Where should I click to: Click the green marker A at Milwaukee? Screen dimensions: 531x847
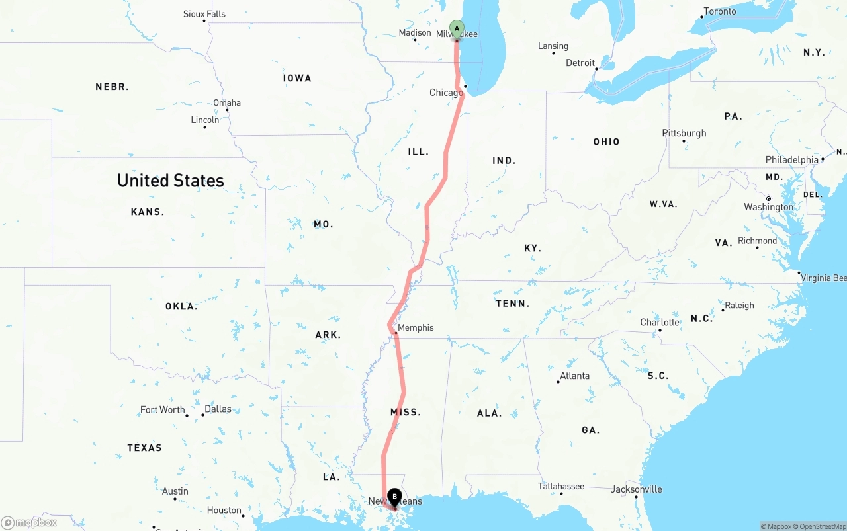457,29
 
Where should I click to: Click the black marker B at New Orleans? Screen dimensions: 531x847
394,497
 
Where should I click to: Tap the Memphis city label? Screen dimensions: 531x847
416,328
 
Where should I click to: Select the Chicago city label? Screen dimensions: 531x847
446,93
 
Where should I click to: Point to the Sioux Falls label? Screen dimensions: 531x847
204,14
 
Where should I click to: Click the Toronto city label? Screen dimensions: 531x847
719,11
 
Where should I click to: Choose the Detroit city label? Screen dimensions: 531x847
580,63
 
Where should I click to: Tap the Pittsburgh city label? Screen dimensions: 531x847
684,133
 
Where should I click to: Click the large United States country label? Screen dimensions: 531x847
170,181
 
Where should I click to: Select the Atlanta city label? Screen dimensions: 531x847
574,376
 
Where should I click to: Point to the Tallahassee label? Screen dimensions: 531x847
561,487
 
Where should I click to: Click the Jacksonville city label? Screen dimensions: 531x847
636,489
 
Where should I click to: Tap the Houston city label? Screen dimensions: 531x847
224,511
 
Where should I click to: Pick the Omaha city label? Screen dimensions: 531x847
227,103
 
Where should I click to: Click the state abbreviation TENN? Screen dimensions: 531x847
512,304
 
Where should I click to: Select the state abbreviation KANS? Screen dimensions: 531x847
148,212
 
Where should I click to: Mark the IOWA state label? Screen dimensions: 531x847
297,78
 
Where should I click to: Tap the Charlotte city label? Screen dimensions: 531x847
659,323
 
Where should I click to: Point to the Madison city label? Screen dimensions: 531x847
415,33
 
